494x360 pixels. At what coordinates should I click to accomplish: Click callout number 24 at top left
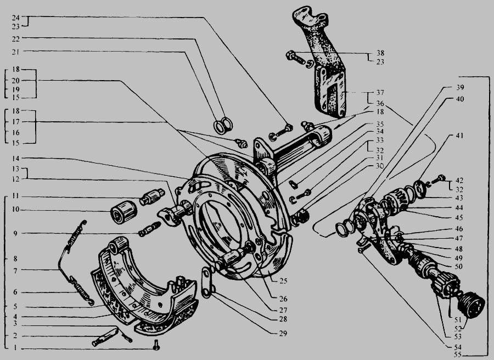[16, 18]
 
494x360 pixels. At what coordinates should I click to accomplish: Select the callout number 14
[16, 158]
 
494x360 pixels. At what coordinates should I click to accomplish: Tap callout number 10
[16, 210]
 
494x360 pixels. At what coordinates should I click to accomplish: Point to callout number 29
[283, 333]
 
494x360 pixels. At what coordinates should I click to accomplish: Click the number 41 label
[459, 136]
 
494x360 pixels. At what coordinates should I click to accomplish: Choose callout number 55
[458, 355]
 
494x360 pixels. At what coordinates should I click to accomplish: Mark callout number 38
[380, 53]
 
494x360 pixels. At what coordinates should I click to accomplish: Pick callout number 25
[283, 280]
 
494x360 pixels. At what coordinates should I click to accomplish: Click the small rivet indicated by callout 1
[156, 346]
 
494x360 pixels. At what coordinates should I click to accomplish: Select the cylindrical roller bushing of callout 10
[123, 212]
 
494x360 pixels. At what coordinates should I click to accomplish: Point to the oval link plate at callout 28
[207, 282]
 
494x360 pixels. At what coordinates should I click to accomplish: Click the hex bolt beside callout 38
[296, 58]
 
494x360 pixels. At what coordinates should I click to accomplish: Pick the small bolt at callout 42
[436, 181]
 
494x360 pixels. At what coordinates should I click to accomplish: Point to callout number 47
[459, 238]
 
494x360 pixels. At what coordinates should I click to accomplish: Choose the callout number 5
[15, 306]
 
